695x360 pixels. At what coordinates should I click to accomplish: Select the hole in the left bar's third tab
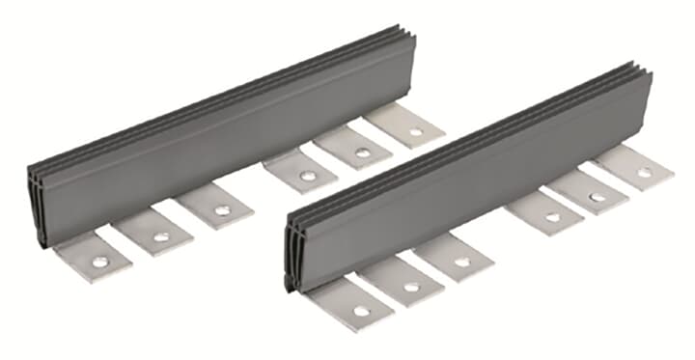pyautogui.click(x=222, y=209)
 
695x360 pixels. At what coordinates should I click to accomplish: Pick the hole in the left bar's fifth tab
pyautogui.click(x=362, y=152)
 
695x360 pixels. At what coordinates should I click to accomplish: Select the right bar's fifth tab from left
pyautogui.click(x=591, y=193)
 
